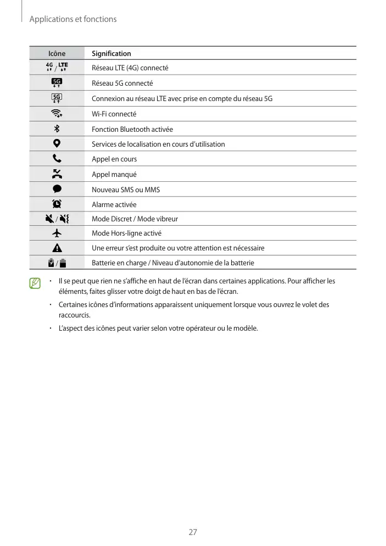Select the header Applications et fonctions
(x=73, y=19)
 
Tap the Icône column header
(x=57, y=53)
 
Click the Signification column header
(x=111, y=53)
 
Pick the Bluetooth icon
(x=57, y=129)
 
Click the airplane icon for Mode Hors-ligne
(x=57, y=233)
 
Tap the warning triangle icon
(x=57, y=248)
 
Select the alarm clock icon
(x=57, y=204)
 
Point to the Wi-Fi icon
(x=57, y=114)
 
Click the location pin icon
(x=57, y=144)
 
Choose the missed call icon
(x=57, y=174)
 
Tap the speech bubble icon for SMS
(x=57, y=189)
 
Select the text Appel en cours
(x=114, y=159)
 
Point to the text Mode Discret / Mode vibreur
(x=135, y=219)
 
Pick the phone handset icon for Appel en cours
(x=57, y=159)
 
